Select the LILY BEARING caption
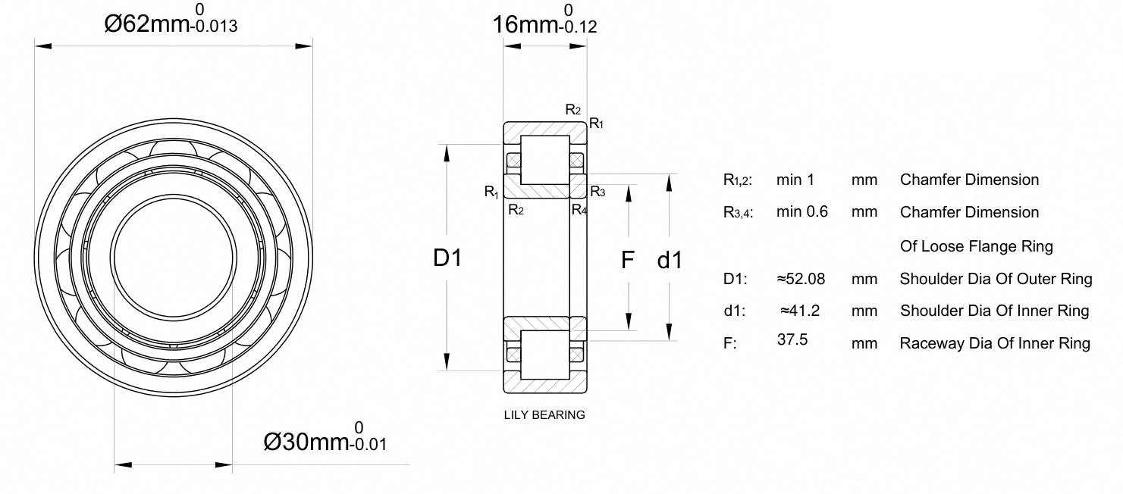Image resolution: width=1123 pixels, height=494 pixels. click(544, 415)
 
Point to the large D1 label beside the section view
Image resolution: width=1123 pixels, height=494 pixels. click(447, 258)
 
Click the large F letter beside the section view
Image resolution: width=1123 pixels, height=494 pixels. click(628, 260)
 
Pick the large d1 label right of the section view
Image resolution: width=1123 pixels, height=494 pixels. click(670, 260)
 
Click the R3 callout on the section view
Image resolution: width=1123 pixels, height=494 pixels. click(598, 192)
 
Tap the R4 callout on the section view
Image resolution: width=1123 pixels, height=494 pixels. click(579, 209)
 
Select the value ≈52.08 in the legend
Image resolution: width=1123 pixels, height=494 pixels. click(801, 279)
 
